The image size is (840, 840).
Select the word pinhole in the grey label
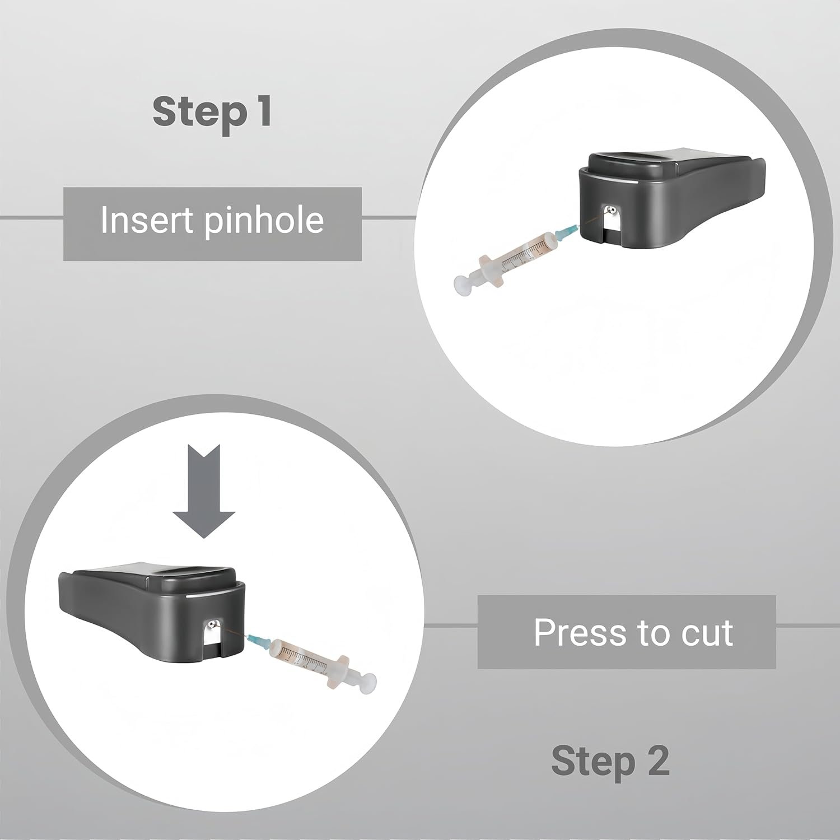click(263, 221)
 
